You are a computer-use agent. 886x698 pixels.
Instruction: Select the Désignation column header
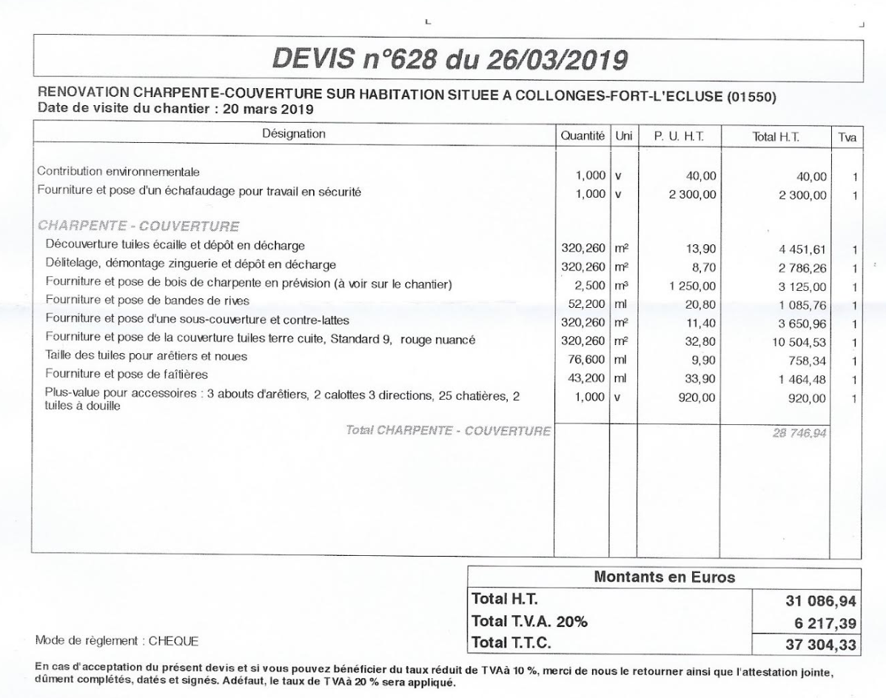coord(293,134)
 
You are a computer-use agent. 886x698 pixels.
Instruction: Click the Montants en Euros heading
coord(664,578)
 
